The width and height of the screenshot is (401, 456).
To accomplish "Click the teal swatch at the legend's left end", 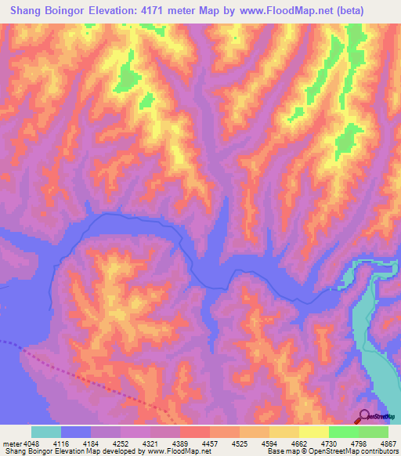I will tap(46, 432).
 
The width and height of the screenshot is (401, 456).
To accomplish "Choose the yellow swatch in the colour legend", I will tap(314, 432).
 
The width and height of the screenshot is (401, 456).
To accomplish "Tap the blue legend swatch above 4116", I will tap(76, 432).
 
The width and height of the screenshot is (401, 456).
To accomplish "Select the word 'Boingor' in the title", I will tap(76, 11).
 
